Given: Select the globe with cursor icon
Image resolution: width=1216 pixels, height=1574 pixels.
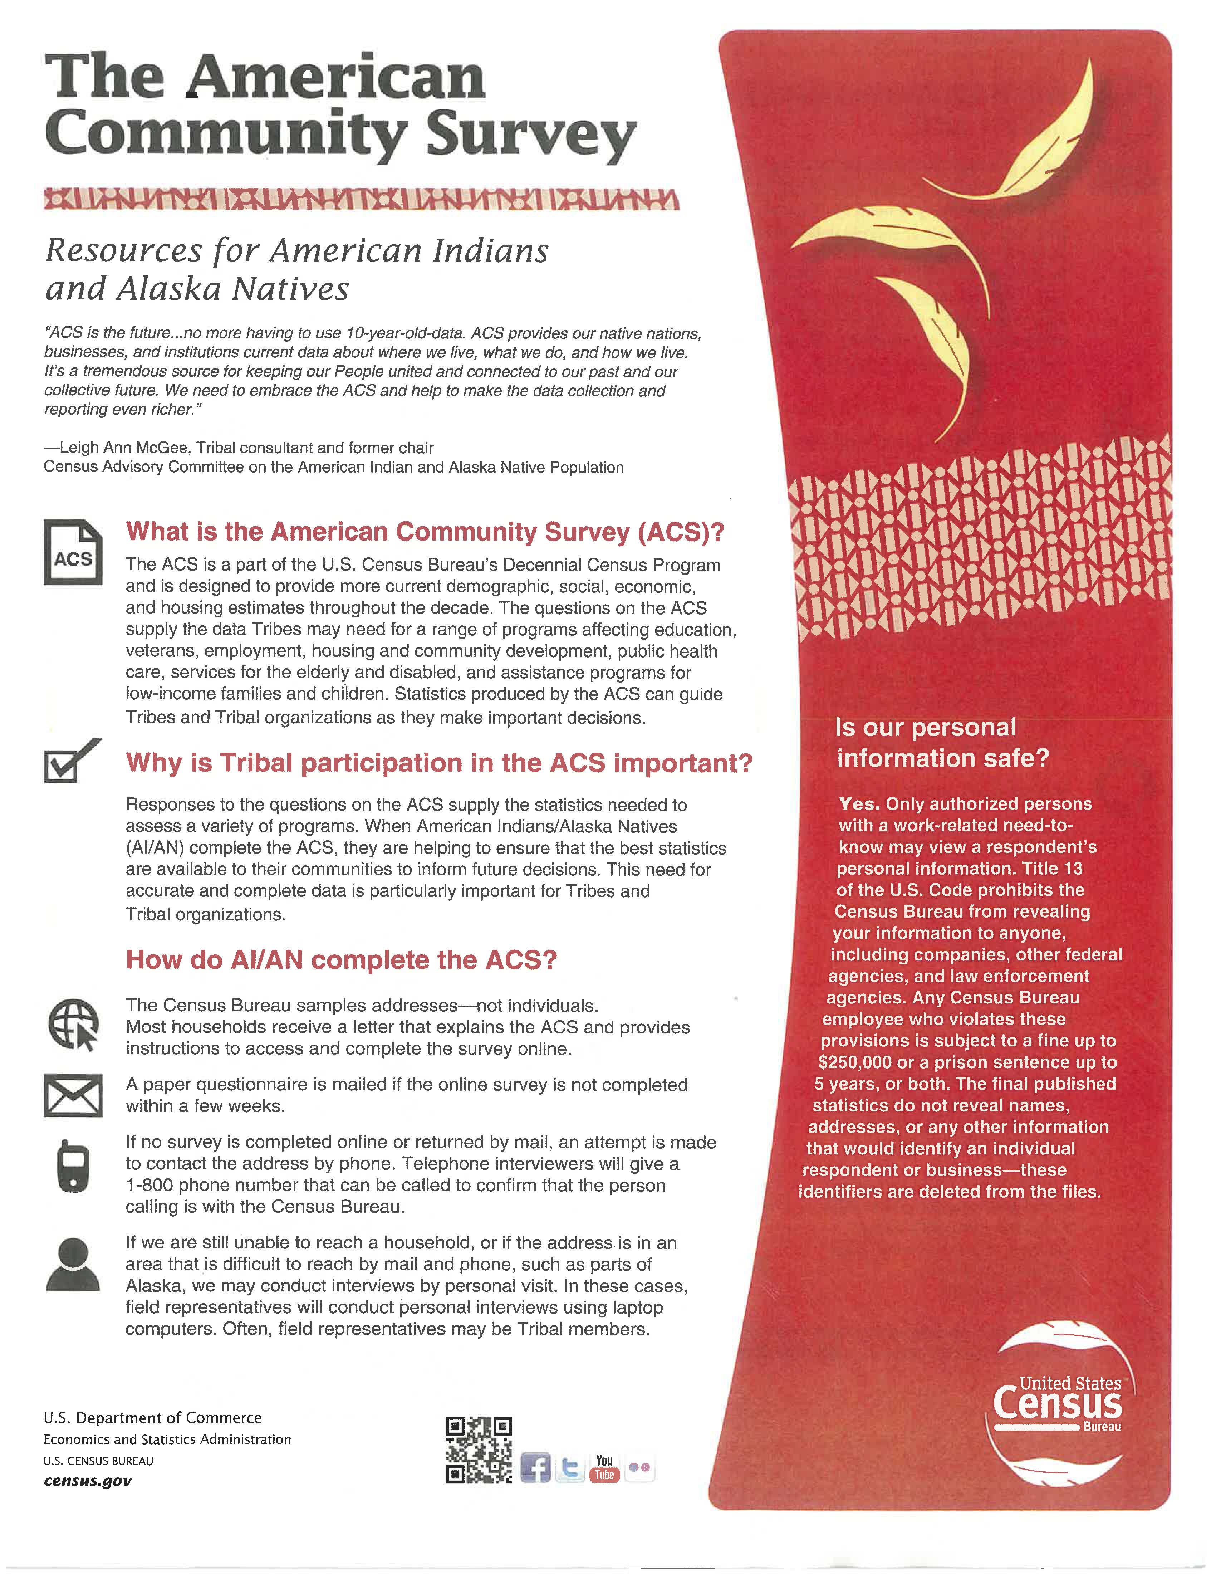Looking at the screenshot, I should tap(73, 1024).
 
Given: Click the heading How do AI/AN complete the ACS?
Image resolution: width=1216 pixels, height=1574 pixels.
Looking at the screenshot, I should tap(342, 960).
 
